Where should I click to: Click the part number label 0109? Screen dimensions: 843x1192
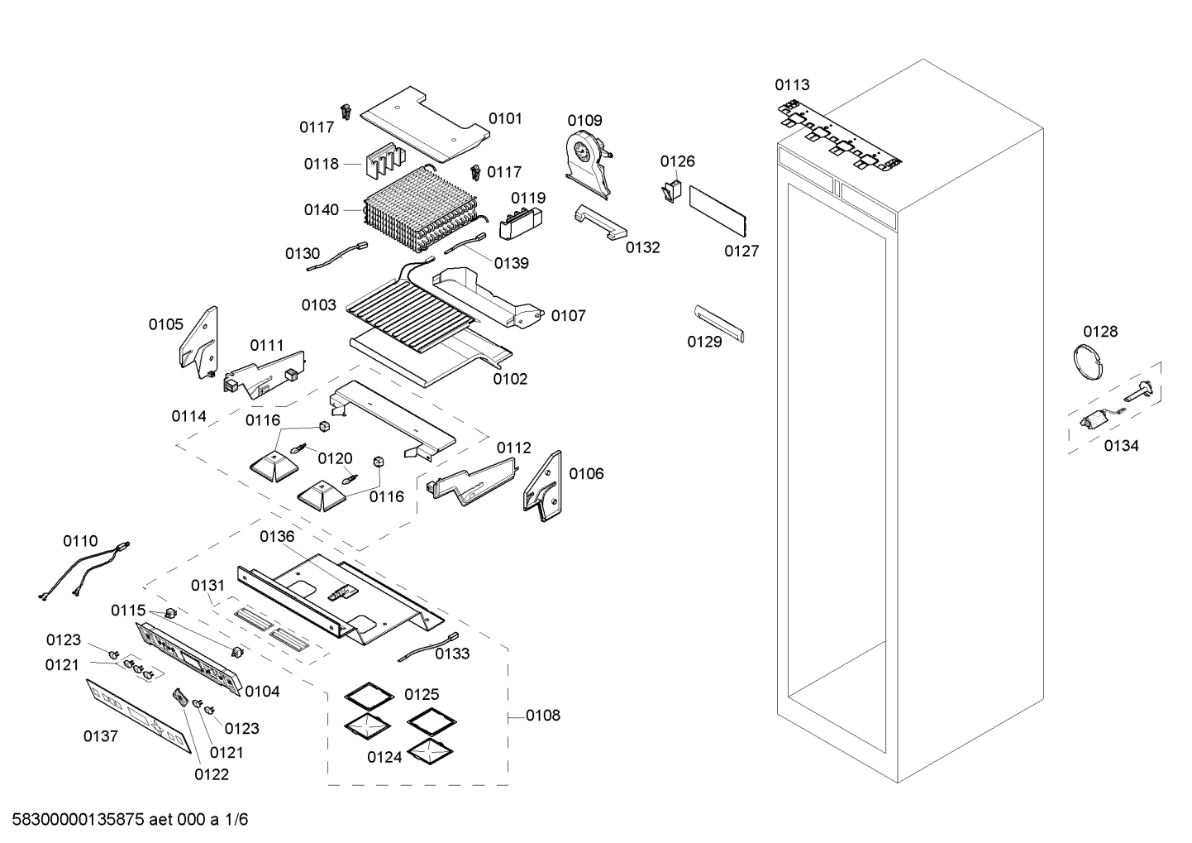[584, 121]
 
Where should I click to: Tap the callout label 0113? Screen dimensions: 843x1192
[792, 84]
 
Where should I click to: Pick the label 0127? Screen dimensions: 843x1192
[741, 251]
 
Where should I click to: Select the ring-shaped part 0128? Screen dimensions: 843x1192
[1089, 362]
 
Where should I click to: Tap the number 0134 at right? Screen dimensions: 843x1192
[1121, 446]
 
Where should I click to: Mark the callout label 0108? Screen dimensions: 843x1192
[542, 715]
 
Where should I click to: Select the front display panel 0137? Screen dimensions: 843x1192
[139, 716]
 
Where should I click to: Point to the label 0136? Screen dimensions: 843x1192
[277, 536]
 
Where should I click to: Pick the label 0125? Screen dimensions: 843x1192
[422, 694]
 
